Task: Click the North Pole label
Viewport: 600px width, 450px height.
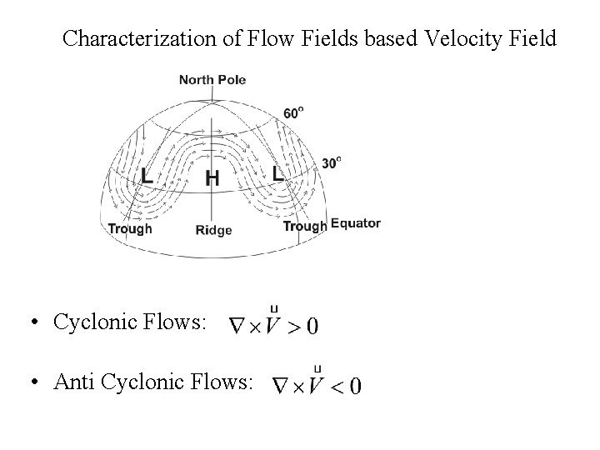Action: coord(212,80)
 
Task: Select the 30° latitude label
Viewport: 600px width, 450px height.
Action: coord(332,162)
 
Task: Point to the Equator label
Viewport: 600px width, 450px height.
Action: coord(356,223)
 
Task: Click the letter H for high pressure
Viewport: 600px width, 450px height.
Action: coord(212,177)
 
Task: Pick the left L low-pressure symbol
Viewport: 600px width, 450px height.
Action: coord(147,177)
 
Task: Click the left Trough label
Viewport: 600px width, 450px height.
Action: coord(130,228)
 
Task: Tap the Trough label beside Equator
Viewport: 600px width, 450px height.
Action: coord(305,226)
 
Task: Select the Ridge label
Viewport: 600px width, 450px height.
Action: coord(212,230)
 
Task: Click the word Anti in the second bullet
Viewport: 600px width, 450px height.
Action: coord(72,382)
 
